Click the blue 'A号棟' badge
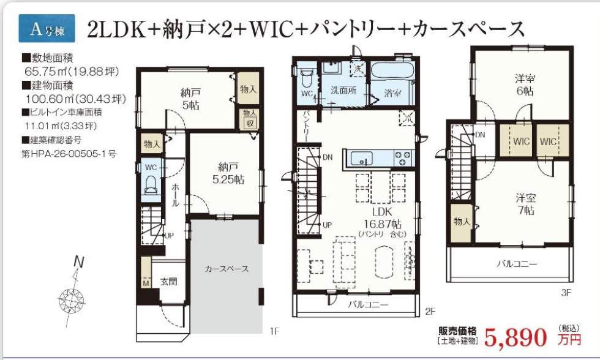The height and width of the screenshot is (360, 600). coord(47,29)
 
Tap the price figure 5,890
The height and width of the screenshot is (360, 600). coord(515,337)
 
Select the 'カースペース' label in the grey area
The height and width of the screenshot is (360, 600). coord(227,269)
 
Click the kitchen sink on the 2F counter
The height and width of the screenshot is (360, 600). coord(364,159)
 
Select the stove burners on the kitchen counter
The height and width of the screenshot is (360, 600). coord(402,158)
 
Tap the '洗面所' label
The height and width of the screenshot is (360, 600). coord(343,89)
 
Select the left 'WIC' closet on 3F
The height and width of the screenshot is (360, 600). coord(521,141)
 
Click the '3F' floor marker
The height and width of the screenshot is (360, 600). coord(566,293)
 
